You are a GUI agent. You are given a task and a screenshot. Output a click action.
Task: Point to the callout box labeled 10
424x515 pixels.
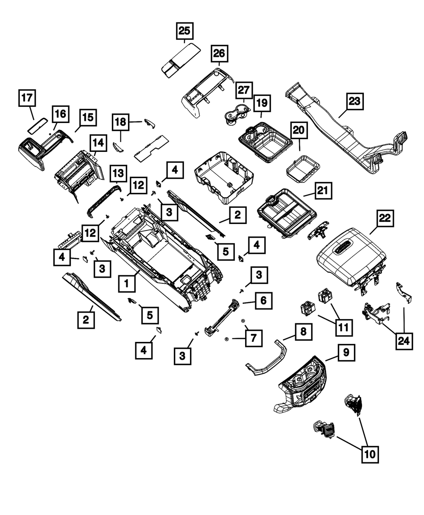point(369,454)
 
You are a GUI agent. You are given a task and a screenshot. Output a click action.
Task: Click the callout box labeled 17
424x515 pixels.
point(27,98)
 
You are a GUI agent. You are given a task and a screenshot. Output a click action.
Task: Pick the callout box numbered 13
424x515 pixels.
point(118,173)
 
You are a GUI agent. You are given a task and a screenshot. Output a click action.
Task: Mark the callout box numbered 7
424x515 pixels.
point(253,338)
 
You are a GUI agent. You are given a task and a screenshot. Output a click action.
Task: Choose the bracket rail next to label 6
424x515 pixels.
point(221,316)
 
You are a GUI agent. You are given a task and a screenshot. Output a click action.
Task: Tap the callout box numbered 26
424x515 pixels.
point(219,54)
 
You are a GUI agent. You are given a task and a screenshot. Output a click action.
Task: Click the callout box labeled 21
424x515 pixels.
point(323,191)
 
